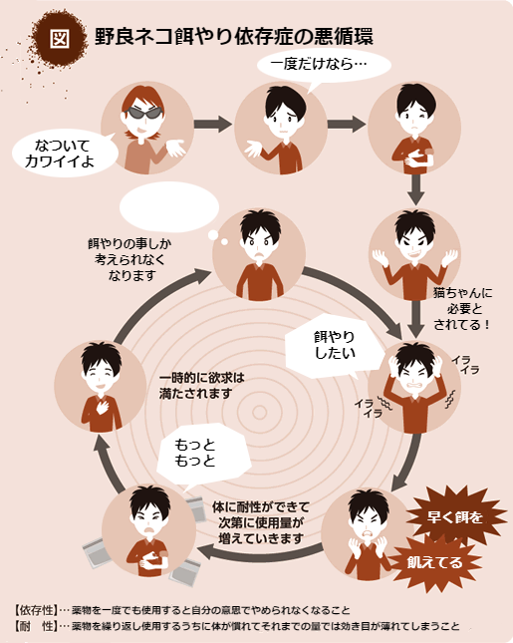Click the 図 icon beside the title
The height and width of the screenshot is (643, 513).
click(x=60, y=39)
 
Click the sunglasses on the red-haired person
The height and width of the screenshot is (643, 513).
click(x=143, y=113)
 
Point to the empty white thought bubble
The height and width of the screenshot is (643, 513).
click(x=169, y=207)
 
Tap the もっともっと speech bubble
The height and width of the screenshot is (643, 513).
click(x=202, y=455)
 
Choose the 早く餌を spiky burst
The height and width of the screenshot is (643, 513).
click(x=455, y=515)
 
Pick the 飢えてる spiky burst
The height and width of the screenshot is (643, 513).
click(x=434, y=562)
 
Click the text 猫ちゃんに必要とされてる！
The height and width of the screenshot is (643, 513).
click(x=462, y=309)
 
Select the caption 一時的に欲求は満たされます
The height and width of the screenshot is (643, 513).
click(x=201, y=386)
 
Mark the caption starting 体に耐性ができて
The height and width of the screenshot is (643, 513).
click(x=261, y=522)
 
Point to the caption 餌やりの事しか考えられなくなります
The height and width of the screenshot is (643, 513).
click(x=129, y=259)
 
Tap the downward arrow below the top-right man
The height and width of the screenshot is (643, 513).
click(x=415, y=189)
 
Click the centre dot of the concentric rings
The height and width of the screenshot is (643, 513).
click(x=259, y=412)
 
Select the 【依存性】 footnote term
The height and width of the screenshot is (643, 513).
click(x=35, y=610)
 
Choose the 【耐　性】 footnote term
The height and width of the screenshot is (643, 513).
click(x=35, y=626)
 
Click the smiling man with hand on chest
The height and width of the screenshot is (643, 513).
click(x=101, y=386)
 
